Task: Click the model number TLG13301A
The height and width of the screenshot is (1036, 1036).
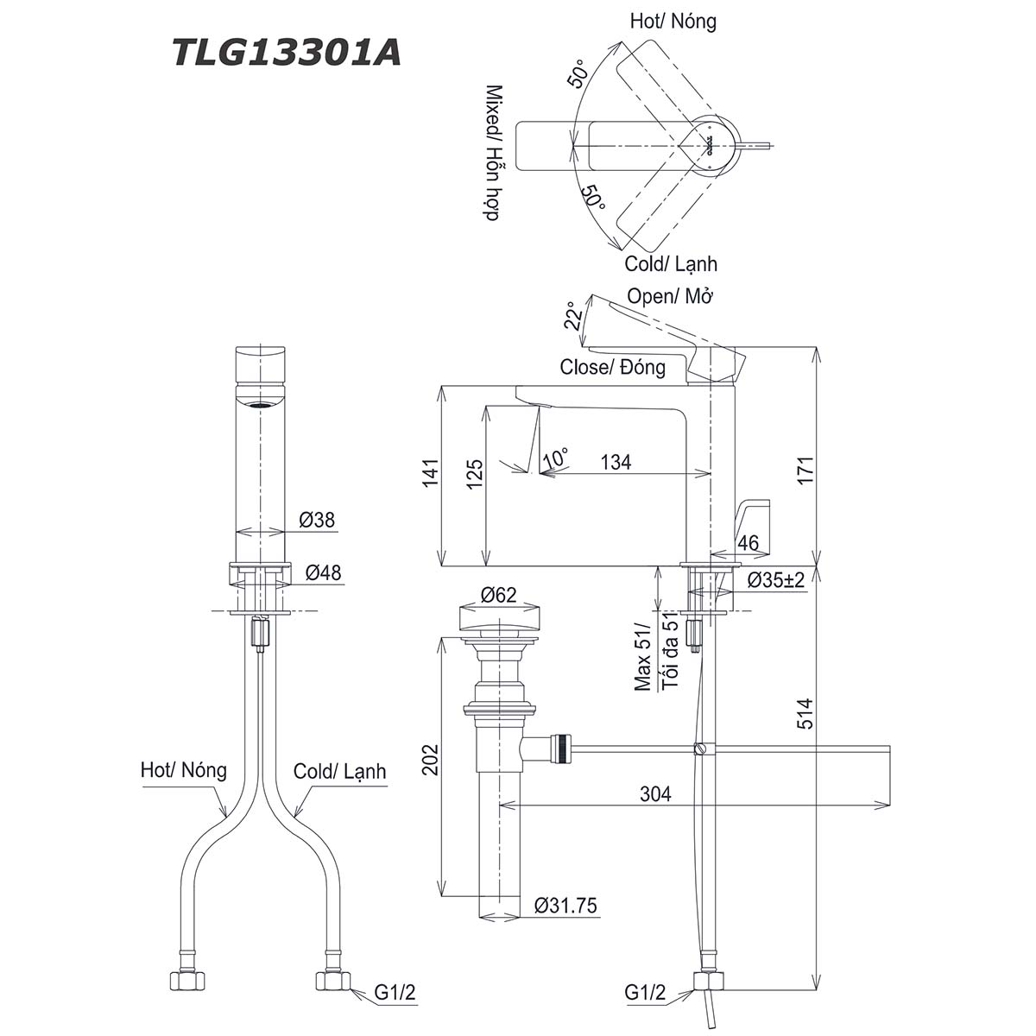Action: [x=287, y=54]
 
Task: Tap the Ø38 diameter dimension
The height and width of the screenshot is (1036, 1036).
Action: [x=317, y=520]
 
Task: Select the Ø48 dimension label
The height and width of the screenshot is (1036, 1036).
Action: [x=323, y=572]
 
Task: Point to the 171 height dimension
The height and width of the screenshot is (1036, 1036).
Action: [x=805, y=471]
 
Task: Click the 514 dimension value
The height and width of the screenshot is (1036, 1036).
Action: [x=805, y=713]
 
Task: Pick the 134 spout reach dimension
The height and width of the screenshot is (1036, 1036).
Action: [x=616, y=462]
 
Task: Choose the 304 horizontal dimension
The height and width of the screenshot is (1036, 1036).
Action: [x=655, y=793]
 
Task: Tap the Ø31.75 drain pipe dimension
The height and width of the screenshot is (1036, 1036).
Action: [x=565, y=906]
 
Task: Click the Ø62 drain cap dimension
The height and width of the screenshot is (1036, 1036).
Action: [x=498, y=595]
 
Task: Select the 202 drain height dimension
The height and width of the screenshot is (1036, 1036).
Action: [x=431, y=760]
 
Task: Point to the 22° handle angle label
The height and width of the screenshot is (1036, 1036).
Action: [x=573, y=316]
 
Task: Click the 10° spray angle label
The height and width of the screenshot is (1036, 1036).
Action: [x=555, y=458]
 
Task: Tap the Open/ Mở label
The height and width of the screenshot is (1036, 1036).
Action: [x=670, y=297]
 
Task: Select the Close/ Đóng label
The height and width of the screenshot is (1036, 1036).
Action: [x=612, y=367]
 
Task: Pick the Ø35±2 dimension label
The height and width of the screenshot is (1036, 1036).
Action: [x=775, y=579]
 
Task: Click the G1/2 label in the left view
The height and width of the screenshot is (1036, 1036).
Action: [x=395, y=993]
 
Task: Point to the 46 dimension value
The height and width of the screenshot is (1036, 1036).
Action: [x=748, y=544]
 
